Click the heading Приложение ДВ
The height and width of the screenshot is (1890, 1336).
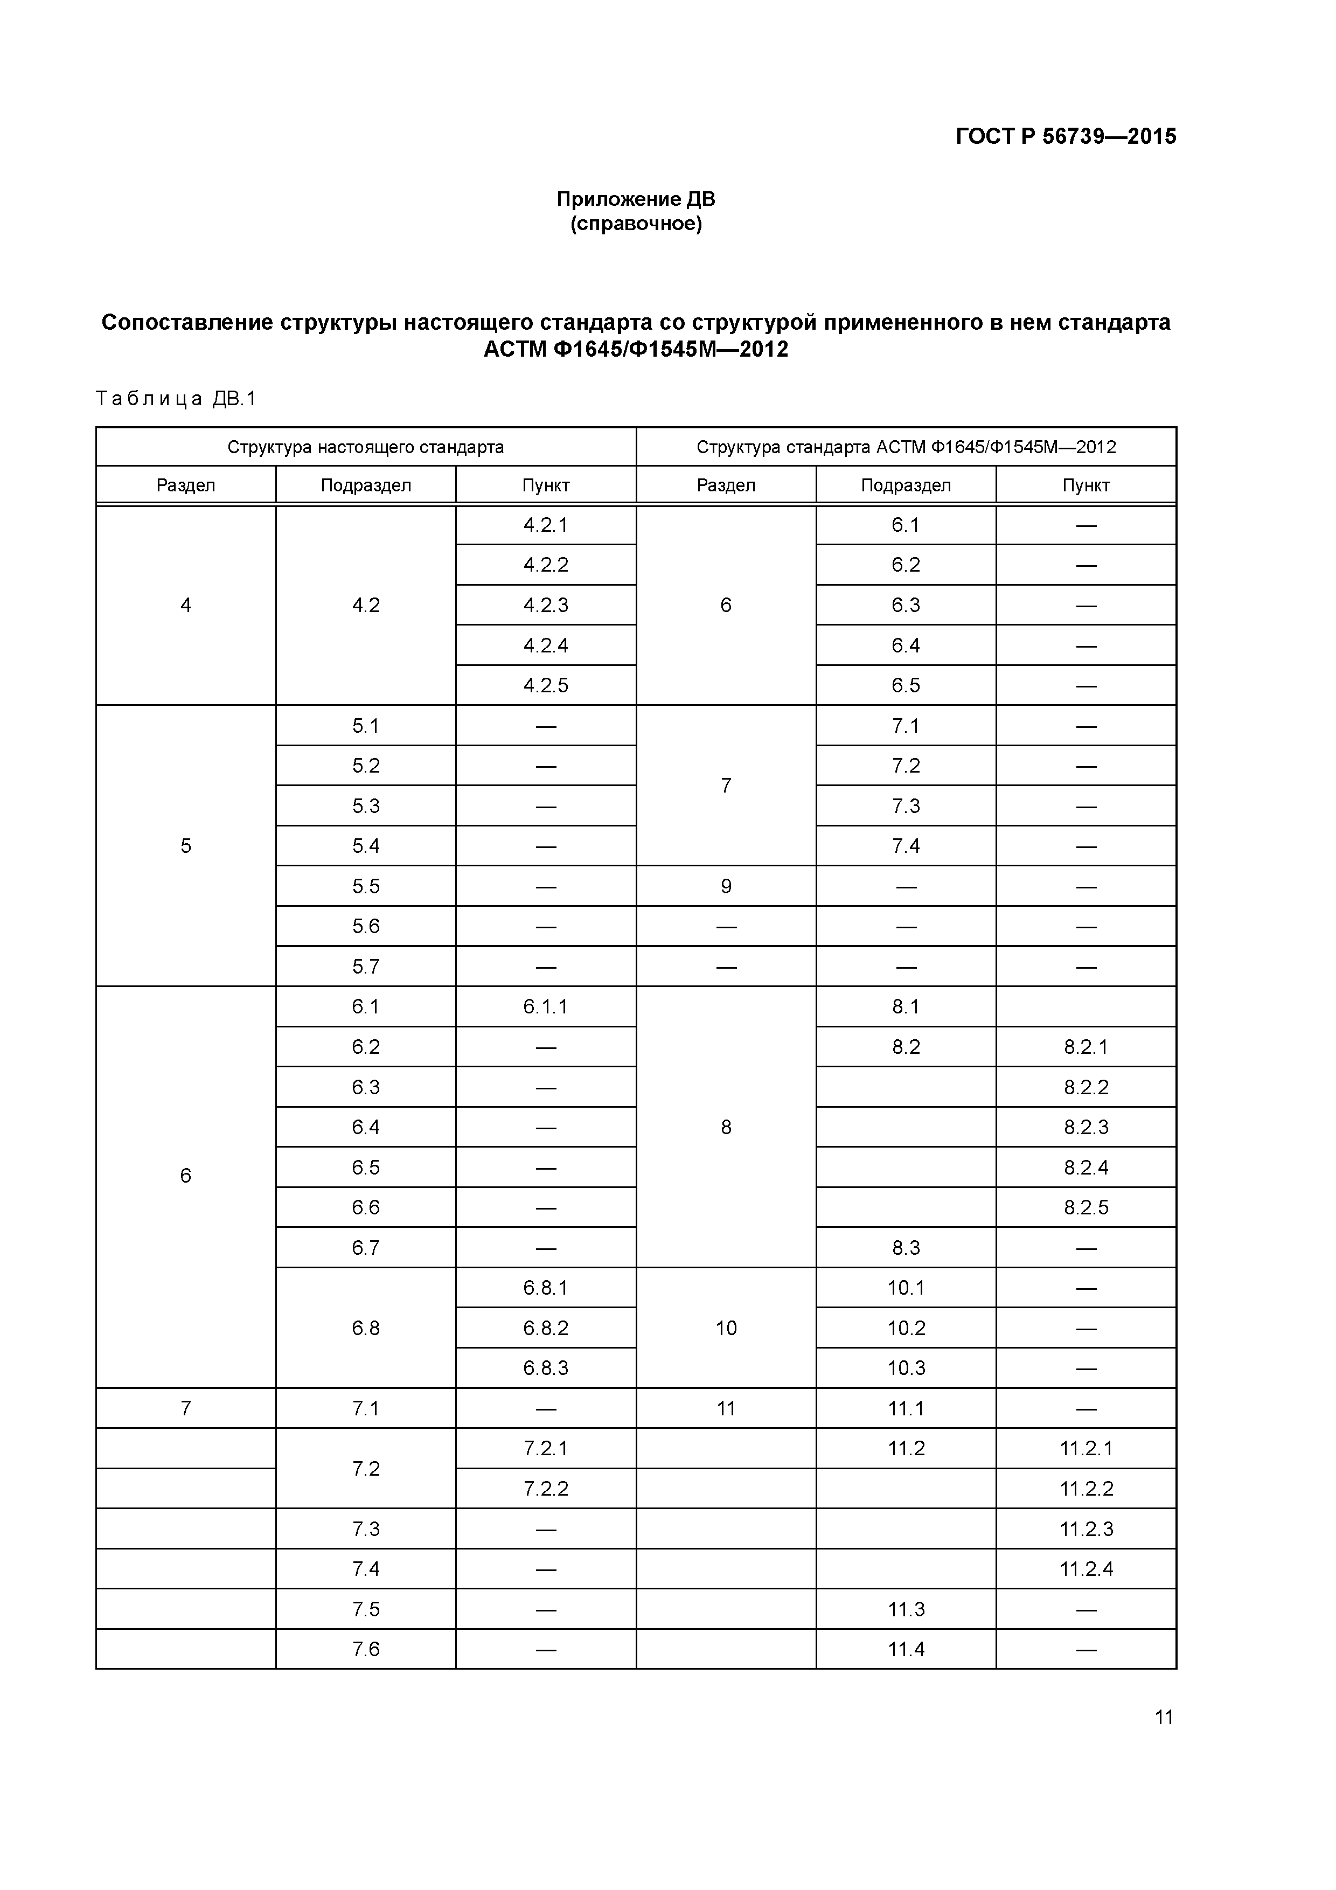pos(636,199)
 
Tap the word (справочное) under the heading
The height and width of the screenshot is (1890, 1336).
pos(636,224)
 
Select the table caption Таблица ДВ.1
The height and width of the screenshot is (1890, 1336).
pos(176,399)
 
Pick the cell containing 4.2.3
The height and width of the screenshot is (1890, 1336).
pos(546,605)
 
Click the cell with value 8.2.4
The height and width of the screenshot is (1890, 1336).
pos(1085,1168)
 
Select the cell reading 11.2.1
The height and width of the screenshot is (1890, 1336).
pos(1085,1448)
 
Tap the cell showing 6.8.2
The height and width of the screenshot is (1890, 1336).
pos(546,1328)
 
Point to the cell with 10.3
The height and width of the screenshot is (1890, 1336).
pos(906,1368)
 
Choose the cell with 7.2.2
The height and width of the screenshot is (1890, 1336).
pos(546,1488)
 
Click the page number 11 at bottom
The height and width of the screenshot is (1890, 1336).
pos(1163,1717)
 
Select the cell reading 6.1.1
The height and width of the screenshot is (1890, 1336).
pos(546,1007)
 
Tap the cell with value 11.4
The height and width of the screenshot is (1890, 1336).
pos(906,1649)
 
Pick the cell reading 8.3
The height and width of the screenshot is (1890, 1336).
pos(906,1248)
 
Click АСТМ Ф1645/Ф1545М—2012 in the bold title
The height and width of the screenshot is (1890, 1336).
pos(636,350)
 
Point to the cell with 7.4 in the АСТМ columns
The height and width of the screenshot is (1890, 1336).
pos(906,846)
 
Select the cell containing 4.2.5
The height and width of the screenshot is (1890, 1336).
pos(546,686)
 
